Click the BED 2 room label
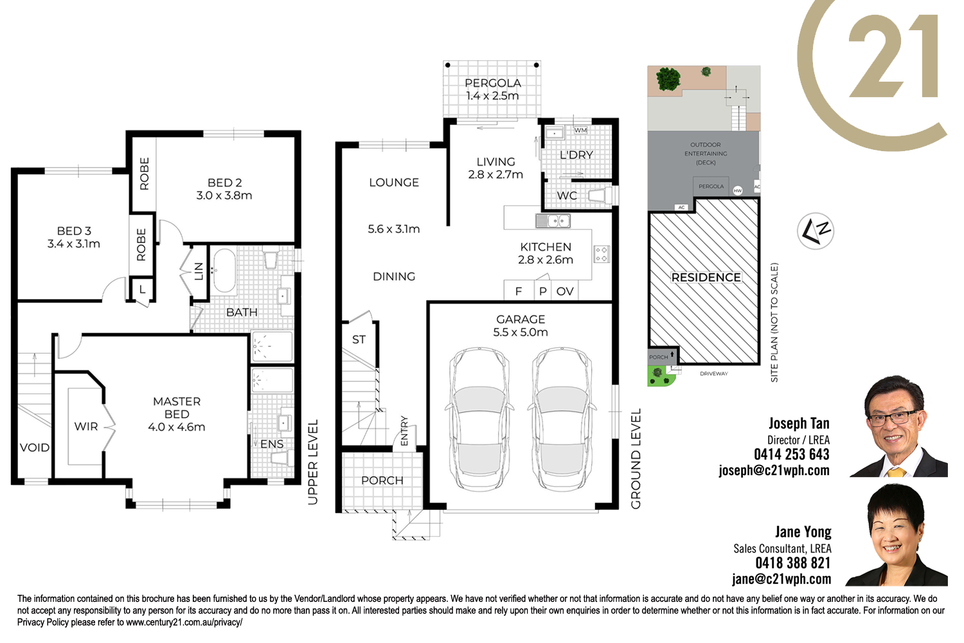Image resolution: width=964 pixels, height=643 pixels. (224, 183)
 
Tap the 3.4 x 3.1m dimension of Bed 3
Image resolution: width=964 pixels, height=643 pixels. (74, 244)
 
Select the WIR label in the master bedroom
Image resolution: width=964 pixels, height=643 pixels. (86, 426)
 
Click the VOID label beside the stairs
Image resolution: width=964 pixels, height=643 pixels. (35, 448)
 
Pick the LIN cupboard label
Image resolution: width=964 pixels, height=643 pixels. (199, 271)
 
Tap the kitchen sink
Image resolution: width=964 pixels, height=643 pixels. (553, 221)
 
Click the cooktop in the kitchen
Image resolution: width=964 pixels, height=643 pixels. (601, 254)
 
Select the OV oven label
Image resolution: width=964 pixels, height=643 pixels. (565, 291)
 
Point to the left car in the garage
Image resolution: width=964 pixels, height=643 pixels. (479, 419)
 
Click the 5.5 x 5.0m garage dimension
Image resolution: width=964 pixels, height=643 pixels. (521, 332)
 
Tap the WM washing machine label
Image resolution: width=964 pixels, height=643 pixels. (580, 130)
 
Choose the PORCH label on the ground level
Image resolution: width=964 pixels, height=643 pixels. (382, 480)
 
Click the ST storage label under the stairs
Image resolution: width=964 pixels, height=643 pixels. (359, 340)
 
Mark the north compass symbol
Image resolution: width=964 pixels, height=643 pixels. (815, 231)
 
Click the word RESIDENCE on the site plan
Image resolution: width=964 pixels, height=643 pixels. (706, 277)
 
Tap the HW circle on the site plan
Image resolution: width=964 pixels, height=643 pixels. (738, 191)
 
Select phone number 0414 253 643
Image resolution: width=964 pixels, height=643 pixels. (791, 455)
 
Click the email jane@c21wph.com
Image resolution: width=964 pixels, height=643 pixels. (781, 579)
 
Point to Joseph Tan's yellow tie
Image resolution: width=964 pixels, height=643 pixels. (897, 472)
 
